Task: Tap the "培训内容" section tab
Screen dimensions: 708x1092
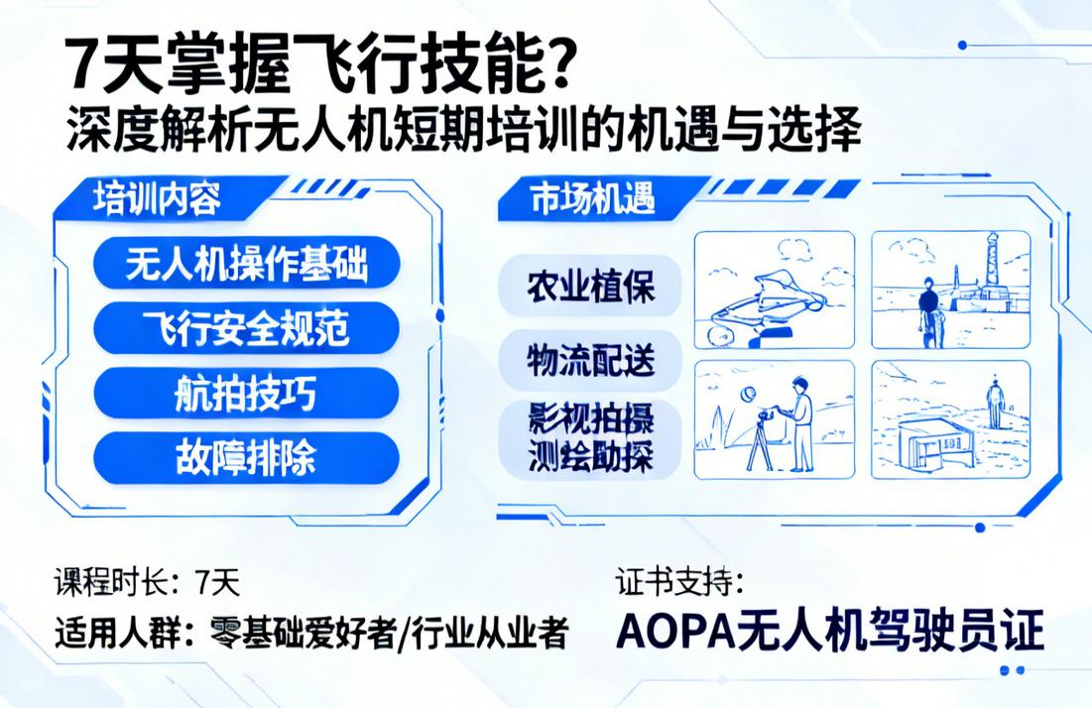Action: click(156, 198)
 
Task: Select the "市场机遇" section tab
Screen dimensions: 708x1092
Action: click(593, 199)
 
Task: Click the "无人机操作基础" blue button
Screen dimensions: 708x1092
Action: click(246, 264)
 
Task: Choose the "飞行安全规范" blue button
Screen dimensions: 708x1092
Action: click(246, 327)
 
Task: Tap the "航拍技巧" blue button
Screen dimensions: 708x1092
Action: click(246, 393)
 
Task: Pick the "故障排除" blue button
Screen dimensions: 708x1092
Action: click(246, 458)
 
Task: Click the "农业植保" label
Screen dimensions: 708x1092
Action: click(590, 284)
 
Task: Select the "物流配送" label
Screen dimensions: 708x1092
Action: click(590, 360)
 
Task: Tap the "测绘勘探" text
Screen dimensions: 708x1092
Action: click(590, 459)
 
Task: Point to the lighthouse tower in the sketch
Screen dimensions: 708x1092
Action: click(992, 273)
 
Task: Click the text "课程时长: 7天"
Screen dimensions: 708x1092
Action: click(147, 583)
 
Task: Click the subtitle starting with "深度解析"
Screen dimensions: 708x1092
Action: click(463, 132)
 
